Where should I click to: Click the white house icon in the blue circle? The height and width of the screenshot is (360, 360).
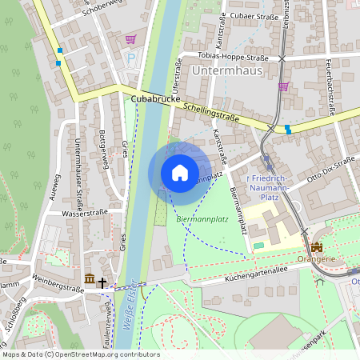click(x=179, y=173)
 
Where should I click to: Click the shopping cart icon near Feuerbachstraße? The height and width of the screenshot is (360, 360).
click(x=283, y=86)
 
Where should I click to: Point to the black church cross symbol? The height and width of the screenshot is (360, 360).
click(x=102, y=281)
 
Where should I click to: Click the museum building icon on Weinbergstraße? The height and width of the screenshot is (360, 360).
click(x=89, y=279)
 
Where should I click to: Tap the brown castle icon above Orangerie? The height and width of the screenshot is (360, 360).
click(x=317, y=248)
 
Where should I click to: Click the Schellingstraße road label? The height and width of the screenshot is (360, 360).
click(x=211, y=111)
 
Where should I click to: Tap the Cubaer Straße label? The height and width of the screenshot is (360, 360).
click(x=252, y=16)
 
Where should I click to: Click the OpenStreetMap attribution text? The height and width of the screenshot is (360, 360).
click(x=81, y=354)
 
